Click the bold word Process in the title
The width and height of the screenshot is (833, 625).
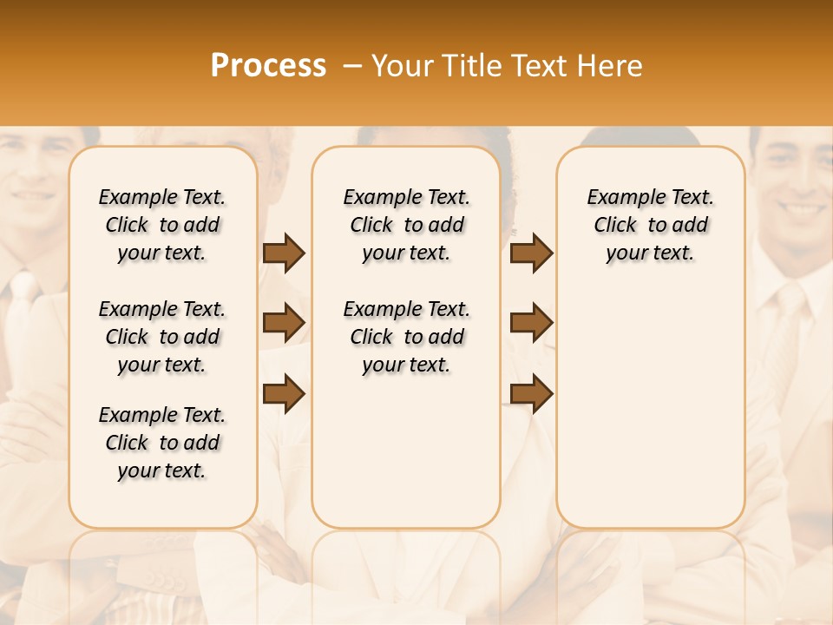tap(268, 66)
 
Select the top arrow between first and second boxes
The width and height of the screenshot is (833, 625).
tap(284, 253)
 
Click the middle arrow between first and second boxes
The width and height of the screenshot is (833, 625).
tap(284, 323)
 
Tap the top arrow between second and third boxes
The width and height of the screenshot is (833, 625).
tap(531, 253)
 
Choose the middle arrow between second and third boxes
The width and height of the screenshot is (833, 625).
tap(531, 323)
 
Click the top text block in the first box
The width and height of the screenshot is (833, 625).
tap(162, 225)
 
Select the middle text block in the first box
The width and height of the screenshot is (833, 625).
tap(162, 337)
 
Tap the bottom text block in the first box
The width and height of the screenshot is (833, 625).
tap(162, 443)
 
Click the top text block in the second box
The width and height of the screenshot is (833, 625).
tap(406, 225)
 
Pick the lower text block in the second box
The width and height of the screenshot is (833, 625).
tap(406, 337)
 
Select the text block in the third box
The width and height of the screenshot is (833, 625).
tap(650, 225)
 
